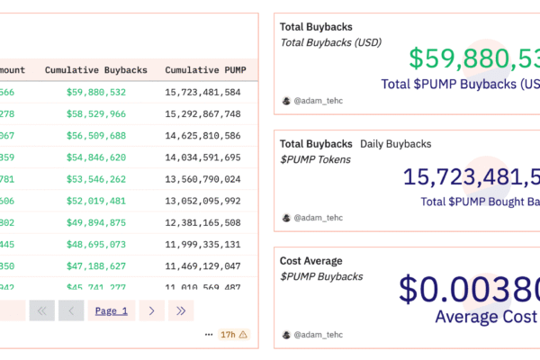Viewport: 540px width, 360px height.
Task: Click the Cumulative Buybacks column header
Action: click(96, 70)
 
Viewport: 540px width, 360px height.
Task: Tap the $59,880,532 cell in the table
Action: click(96, 93)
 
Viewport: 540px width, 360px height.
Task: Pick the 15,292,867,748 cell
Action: click(202, 114)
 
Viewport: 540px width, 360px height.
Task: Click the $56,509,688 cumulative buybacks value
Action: click(96, 136)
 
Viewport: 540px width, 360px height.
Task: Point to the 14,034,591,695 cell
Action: click(202, 157)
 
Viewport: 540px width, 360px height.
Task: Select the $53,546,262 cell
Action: click(96, 179)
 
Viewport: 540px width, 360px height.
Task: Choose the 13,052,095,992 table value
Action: click(202, 201)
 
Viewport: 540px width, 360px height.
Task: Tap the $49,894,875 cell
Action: click(96, 222)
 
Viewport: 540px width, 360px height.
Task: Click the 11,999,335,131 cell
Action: click(202, 244)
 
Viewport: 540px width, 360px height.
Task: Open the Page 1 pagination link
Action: click(112, 310)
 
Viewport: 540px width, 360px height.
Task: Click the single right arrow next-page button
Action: click(151, 310)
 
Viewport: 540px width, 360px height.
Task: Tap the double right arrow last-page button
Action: click(181, 310)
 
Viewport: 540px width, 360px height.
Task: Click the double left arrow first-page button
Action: click(41, 310)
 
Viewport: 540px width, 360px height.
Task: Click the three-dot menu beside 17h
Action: click(209, 335)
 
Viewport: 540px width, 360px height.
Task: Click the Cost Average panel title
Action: click(311, 261)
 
